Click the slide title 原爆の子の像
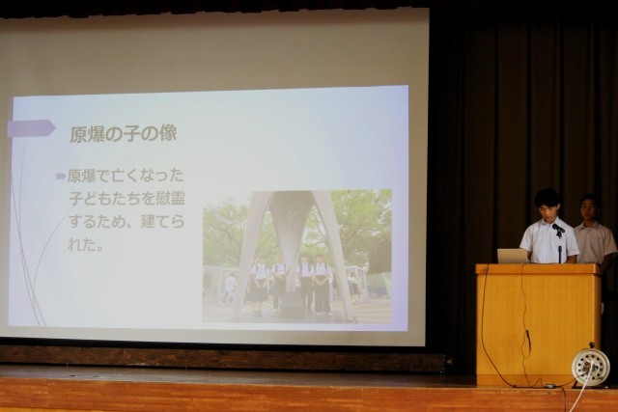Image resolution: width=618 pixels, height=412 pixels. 124,134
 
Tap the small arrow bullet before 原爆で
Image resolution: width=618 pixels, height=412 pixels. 61,176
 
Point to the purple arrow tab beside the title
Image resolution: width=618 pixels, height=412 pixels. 31,128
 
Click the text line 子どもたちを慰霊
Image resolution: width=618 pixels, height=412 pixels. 126,198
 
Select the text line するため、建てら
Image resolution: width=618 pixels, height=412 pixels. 126,221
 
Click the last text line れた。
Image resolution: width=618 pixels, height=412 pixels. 86,245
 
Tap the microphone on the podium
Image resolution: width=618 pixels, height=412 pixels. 558,229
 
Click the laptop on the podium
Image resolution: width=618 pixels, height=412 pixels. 513,256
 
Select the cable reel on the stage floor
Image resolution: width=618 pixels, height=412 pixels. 590,367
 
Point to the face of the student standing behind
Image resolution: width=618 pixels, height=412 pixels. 589,208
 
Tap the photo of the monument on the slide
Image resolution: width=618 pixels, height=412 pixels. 297,256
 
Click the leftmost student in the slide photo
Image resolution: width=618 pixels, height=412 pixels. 258,285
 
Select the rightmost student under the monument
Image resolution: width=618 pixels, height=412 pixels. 322,284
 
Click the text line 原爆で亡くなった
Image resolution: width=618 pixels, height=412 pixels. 126,176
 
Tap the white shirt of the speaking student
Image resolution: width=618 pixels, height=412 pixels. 548,240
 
